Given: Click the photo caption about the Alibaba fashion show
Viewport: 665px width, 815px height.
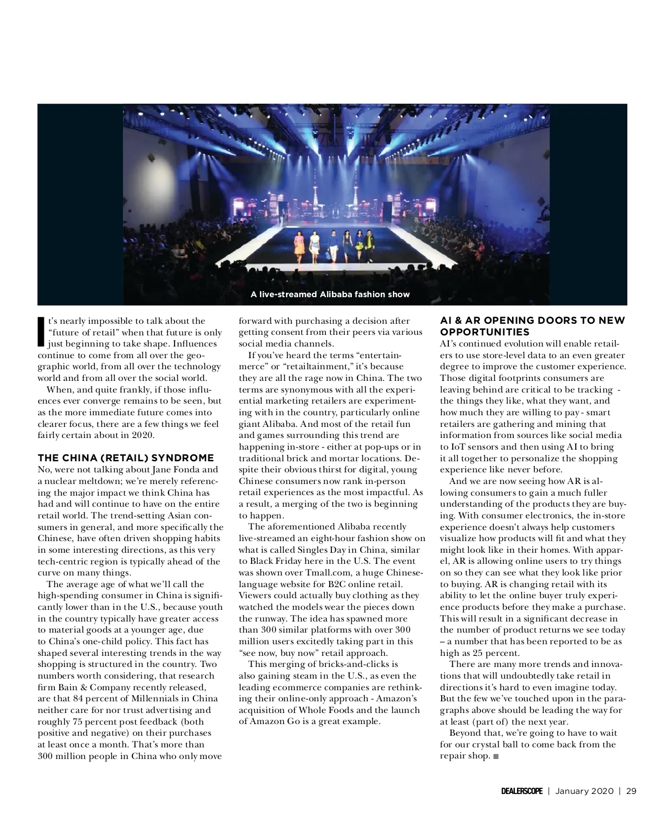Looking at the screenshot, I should [x=330, y=294].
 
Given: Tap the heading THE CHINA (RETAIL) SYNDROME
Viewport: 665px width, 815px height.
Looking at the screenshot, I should [x=126, y=458].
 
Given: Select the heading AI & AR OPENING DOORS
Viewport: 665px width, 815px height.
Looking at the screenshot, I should [x=532, y=326].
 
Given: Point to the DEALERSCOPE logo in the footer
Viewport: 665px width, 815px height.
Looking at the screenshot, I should [x=518, y=791].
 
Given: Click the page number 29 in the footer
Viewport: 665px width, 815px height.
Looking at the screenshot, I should [x=631, y=791].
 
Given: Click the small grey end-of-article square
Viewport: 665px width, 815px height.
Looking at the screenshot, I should [x=495, y=757].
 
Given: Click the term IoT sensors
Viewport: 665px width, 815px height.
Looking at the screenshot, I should [x=470, y=447].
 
